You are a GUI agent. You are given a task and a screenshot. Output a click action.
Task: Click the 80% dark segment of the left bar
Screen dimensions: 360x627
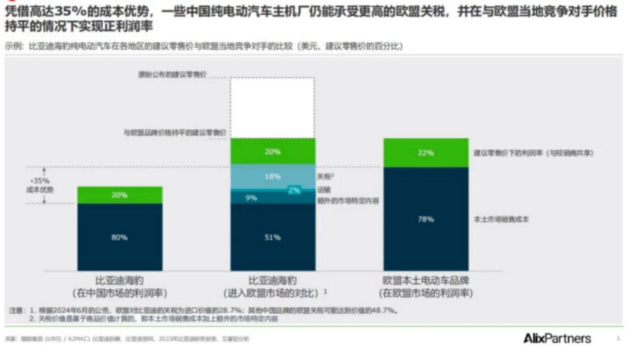coord(120,237)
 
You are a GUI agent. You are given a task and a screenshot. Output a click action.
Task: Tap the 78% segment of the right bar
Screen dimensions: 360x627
coord(426,219)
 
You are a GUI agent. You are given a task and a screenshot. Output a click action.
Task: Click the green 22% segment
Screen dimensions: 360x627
coord(426,153)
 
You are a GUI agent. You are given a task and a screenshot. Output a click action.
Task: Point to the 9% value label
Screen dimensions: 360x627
coord(251,197)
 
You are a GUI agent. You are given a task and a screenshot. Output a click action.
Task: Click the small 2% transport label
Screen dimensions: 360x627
coord(294,190)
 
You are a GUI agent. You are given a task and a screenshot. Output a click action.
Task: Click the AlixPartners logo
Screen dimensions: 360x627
coord(557,338)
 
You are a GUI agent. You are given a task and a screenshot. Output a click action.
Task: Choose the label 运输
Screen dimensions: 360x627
coord(324,190)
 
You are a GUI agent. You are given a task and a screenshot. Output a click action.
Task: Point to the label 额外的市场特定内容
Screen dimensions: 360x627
coord(348,201)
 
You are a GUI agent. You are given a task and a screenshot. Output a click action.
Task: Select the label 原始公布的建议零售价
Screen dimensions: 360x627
coord(172,75)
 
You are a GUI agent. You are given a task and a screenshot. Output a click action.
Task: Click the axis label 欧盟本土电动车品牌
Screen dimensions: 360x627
coord(426,281)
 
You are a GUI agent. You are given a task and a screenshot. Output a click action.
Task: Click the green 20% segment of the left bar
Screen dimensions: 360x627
coord(120,195)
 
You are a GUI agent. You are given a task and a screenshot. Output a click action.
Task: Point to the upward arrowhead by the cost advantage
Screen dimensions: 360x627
coord(44,169)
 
